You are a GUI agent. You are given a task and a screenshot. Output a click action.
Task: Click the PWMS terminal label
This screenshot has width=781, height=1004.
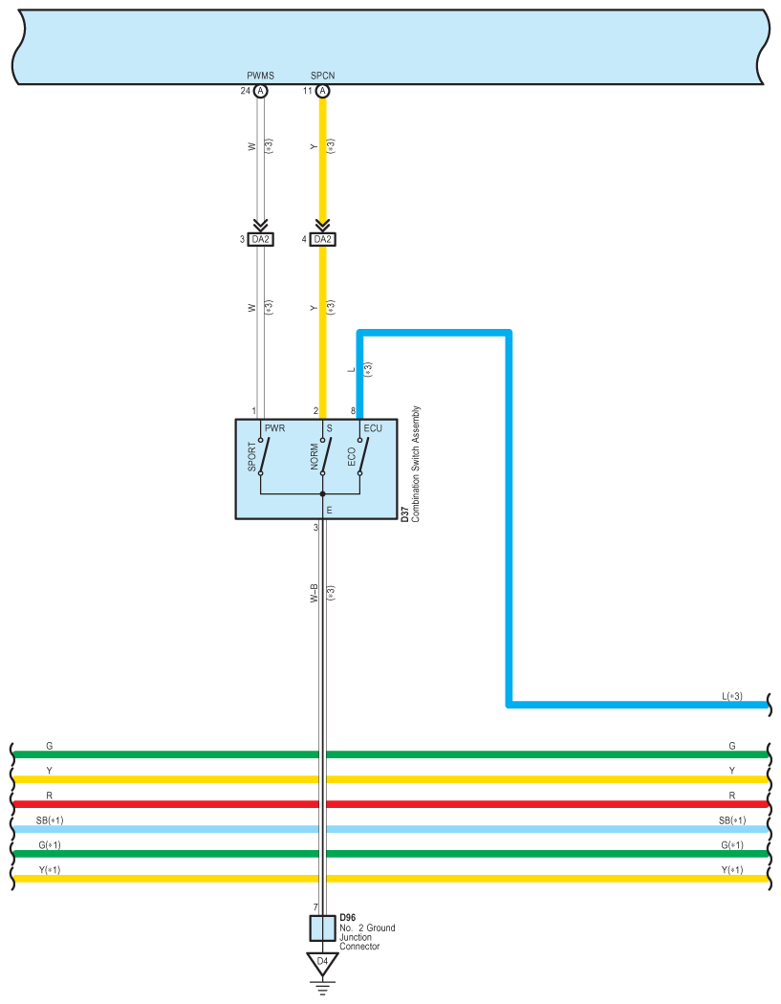click(261, 76)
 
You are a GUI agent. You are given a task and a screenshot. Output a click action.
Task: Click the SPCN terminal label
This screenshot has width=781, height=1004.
click(323, 76)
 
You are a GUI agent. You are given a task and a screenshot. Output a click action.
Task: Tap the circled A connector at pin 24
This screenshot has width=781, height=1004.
click(261, 91)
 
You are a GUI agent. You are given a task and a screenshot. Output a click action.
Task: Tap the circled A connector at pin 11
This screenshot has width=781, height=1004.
click(323, 91)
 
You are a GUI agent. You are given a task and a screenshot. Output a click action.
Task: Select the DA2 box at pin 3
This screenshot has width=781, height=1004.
click(261, 239)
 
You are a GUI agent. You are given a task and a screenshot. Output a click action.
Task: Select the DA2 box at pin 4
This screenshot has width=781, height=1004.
click(323, 239)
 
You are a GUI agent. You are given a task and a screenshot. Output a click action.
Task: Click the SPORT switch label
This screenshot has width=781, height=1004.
click(251, 456)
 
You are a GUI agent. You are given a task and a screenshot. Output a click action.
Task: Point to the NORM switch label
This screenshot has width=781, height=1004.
click(315, 456)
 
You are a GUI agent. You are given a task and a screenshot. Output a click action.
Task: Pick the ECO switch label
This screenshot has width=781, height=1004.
click(352, 457)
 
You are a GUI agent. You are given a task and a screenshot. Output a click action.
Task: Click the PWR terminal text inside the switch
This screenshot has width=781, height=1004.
click(274, 428)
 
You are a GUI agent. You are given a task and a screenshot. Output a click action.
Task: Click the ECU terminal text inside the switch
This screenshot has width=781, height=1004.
click(373, 428)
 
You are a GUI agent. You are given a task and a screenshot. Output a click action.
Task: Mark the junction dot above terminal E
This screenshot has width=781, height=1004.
click(323, 494)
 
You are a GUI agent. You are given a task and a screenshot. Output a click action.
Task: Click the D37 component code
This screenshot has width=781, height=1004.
click(404, 514)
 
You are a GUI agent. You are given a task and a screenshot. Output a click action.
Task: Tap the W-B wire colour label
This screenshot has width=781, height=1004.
click(314, 593)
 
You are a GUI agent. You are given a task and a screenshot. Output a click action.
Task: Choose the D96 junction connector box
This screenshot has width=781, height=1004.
click(323, 928)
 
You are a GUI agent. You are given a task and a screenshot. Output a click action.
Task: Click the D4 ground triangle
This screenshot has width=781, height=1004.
click(323, 963)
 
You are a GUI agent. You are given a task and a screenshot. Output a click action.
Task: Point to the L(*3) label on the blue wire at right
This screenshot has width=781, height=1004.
click(731, 696)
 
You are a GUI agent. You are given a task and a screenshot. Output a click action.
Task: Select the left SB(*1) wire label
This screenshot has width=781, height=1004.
click(50, 820)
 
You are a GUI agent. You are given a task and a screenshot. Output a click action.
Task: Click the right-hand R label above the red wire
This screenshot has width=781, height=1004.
click(731, 796)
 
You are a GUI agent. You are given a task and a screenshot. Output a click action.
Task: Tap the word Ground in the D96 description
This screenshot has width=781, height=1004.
click(380, 928)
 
